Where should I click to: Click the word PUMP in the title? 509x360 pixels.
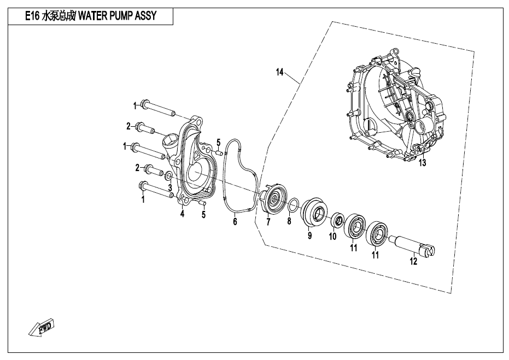pyautogui.click(x=121, y=15)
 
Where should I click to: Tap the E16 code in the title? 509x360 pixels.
pyautogui.click(x=32, y=16)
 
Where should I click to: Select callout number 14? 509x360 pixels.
pyautogui.click(x=280, y=72)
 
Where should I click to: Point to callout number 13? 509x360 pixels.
pyautogui.click(x=422, y=162)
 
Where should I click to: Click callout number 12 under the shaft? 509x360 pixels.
pyautogui.click(x=413, y=261)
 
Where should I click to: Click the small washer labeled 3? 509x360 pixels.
pyautogui.click(x=169, y=176)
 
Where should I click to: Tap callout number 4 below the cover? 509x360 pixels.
pyautogui.click(x=183, y=214)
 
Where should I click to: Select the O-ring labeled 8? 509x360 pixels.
pyautogui.click(x=293, y=205)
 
